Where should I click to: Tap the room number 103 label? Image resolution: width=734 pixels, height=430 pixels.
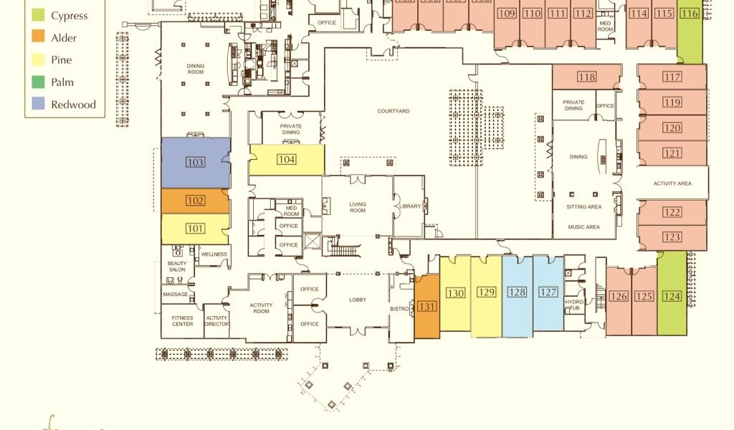(195, 163)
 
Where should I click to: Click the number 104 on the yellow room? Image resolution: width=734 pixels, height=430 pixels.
(287, 160)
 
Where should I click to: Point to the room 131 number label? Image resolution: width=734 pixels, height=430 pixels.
(427, 307)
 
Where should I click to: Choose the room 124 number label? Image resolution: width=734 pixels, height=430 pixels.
(672, 296)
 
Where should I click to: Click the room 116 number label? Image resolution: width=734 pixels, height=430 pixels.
(690, 14)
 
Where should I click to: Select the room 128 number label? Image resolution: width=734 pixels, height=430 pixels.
(517, 292)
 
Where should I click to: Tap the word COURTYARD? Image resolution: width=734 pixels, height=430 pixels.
(394, 111)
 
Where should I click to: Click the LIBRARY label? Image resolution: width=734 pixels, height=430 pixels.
(410, 206)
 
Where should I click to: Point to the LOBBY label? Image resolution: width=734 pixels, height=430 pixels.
(358, 300)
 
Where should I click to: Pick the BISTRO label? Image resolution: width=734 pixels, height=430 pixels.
(400, 309)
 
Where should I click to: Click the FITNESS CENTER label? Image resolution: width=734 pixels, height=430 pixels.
(182, 321)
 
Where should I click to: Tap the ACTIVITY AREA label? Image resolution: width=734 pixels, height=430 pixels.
(672, 183)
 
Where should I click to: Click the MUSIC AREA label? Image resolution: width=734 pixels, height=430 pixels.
(583, 227)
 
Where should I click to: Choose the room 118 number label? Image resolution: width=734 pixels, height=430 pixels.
(586, 77)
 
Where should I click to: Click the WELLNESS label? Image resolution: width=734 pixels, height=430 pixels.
(214, 254)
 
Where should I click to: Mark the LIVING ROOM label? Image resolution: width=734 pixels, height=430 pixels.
(358, 207)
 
